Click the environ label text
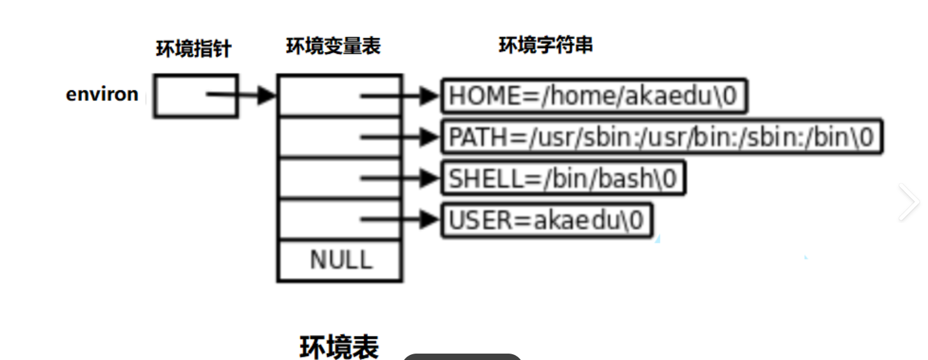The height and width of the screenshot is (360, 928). [x=102, y=94]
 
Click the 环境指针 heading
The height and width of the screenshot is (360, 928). [x=193, y=49]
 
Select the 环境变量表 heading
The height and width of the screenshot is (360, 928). [x=333, y=46]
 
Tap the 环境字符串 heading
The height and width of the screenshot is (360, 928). [x=545, y=45]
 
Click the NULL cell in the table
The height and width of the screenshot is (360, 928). [x=340, y=260]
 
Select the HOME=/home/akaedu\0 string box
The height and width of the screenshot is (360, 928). [x=594, y=96]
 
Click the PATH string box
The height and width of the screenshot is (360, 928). [x=661, y=136]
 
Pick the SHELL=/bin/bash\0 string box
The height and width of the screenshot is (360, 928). [x=563, y=178]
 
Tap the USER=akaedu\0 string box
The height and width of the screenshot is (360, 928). [x=545, y=220]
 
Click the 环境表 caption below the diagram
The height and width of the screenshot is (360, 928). [x=339, y=347]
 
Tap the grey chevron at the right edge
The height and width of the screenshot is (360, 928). [x=909, y=202]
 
